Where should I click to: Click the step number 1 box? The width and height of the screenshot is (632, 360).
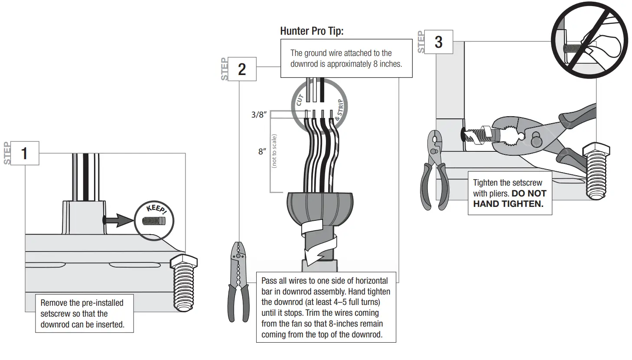[24, 153]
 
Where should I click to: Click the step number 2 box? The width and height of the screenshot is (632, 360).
[242, 69]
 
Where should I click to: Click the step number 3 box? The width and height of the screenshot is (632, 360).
[438, 42]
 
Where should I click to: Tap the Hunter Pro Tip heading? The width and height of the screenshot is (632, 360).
[312, 31]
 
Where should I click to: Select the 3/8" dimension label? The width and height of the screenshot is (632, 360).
[259, 115]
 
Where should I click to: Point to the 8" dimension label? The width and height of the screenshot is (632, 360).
[262, 151]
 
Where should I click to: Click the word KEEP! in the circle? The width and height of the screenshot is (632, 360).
[156, 209]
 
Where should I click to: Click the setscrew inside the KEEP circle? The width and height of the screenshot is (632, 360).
[153, 221]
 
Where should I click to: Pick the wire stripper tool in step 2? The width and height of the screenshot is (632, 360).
[238, 282]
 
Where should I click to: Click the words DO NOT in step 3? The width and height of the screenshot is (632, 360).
[529, 193]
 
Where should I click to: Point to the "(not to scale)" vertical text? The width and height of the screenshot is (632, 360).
[274, 151]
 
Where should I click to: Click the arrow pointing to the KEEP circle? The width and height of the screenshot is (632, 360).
[119, 220]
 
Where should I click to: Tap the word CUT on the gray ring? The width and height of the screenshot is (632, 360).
[299, 100]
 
